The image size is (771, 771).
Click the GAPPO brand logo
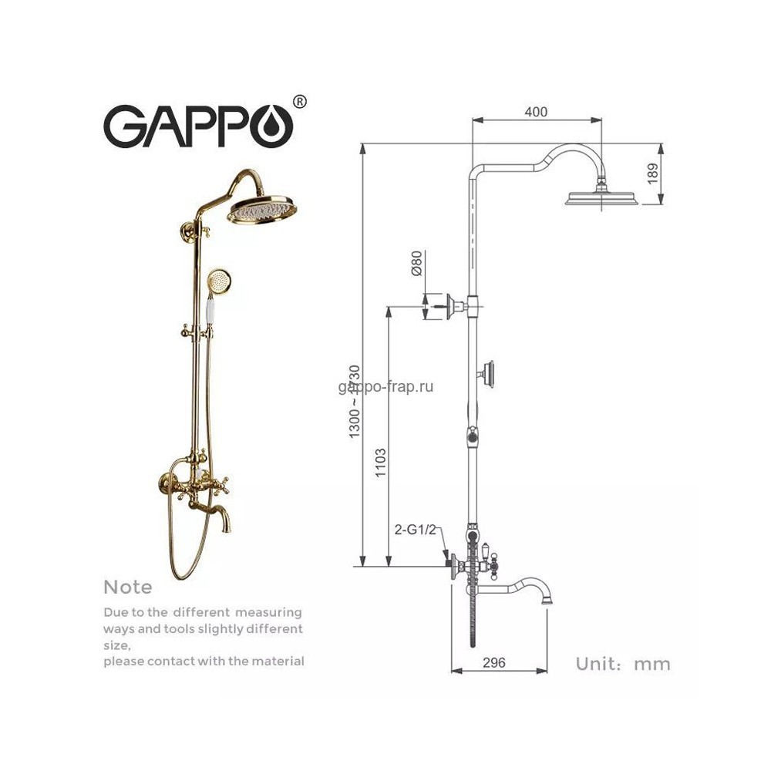[x=198, y=125]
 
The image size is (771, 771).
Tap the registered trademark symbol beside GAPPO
[x=300, y=101]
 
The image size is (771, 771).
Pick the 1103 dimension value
[x=381, y=465]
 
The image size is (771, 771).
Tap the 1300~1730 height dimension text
[x=355, y=401]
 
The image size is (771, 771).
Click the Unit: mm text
[x=623, y=664]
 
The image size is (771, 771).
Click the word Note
[x=128, y=588]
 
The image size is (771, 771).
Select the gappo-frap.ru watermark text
[x=385, y=387]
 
